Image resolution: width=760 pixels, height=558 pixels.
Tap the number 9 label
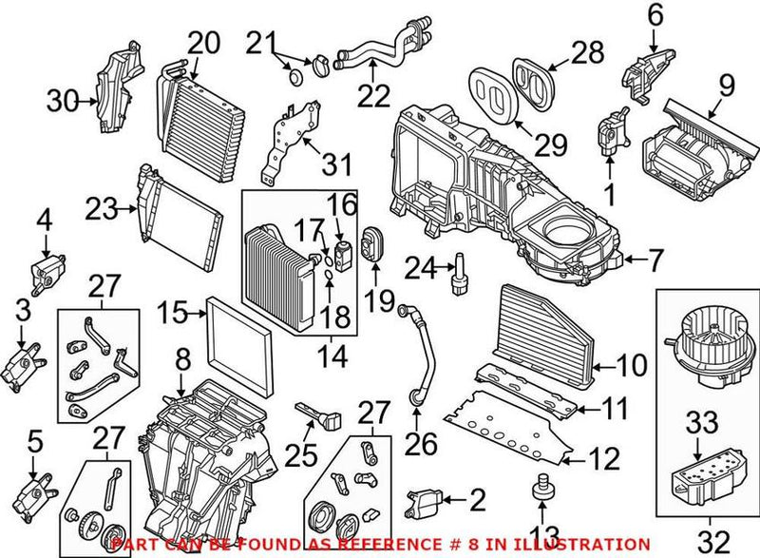tap(727, 88)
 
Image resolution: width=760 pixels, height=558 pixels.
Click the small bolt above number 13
tap(544, 482)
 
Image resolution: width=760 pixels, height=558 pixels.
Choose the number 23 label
tap(100, 206)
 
